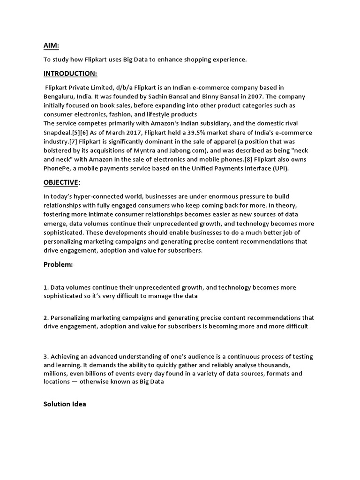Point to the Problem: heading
tap(58, 264)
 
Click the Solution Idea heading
tap(65, 404)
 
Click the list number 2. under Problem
tap(46, 317)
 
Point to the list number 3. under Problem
tap(46, 357)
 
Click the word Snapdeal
tap(58, 133)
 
